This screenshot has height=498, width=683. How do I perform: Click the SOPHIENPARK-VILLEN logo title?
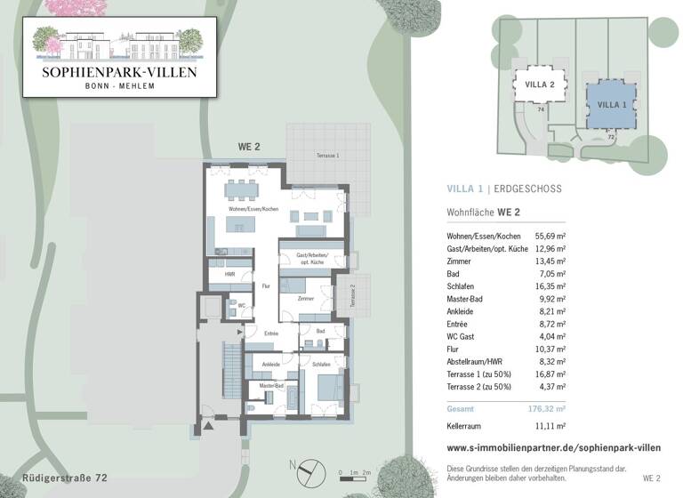pyautogui.click(x=119, y=70)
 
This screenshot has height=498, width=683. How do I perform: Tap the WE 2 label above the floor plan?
pyautogui.click(x=248, y=147)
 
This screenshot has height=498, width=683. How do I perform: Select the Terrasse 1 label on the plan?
pyautogui.click(x=327, y=156)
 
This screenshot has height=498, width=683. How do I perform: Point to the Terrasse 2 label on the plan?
pyautogui.click(x=351, y=296)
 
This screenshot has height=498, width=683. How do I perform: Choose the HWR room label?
pyautogui.click(x=229, y=275)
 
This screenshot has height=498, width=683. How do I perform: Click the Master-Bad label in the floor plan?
pyautogui.click(x=271, y=386)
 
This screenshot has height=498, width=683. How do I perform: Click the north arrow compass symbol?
pyautogui.click(x=306, y=468)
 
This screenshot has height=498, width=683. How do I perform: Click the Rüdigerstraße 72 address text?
pyautogui.click(x=65, y=478)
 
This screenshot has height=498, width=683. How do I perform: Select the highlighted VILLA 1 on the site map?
pyautogui.click(x=611, y=104)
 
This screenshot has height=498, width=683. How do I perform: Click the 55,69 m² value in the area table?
pyautogui.click(x=550, y=236)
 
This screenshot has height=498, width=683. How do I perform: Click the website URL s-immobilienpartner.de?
pyautogui.click(x=553, y=448)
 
